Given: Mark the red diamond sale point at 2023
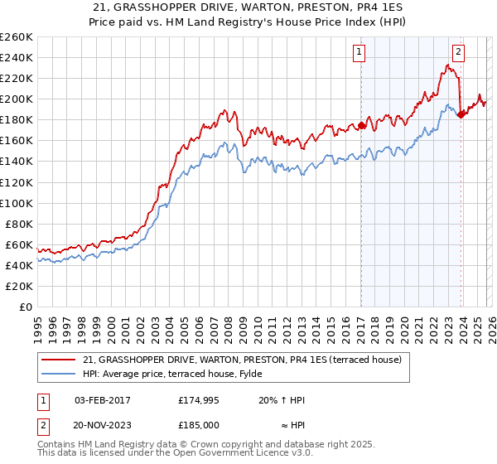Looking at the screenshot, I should click(461, 114).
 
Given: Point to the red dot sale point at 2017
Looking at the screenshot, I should click(361, 126).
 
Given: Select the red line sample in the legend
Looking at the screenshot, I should click(60, 360).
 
